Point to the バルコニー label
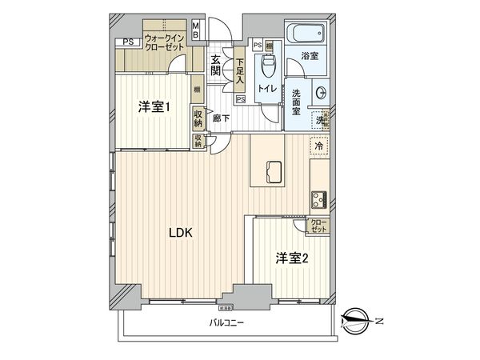point(227,323)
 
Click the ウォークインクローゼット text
point(166,42)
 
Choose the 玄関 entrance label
point(215,65)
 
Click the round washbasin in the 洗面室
point(321,90)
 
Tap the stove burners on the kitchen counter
point(318,196)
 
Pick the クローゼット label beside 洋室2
point(318,226)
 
